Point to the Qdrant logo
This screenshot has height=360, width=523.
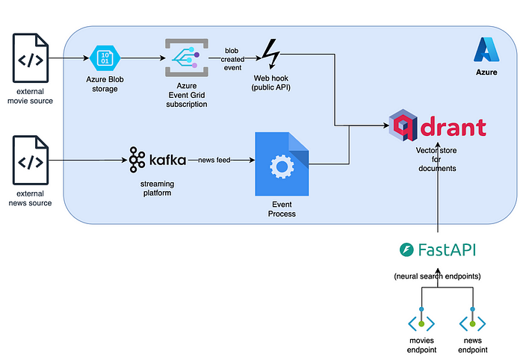point(437,128)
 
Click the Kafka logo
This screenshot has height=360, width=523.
point(157,160)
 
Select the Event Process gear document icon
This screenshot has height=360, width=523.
point(280,165)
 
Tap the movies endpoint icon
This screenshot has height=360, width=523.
point(421,323)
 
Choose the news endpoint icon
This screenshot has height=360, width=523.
point(473,323)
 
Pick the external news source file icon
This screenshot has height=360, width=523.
point(31,161)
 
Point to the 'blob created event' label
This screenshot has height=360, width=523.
point(232,59)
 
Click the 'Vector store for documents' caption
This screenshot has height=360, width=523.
point(437,159)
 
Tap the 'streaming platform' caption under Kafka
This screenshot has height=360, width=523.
point(157,188)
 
